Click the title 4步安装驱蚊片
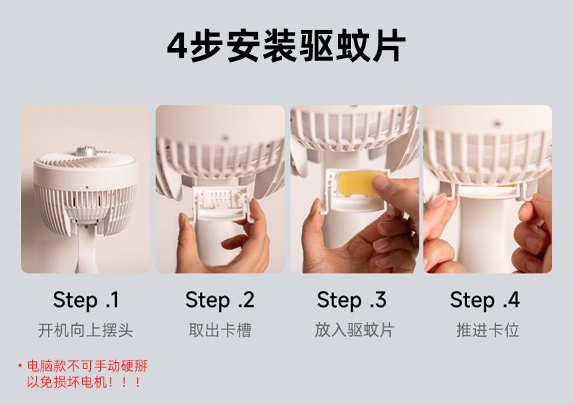pyautogui.click(x=286, y=46)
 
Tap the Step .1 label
pyautogui.click(x=86, y=300)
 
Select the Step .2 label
pyautogui.click(x=219, y=300)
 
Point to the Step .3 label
pyautogui.click(x=352, y=300)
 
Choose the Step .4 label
pyautogui.click(x=485, y=300)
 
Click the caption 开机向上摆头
pyautogui.click(x=85, y=330)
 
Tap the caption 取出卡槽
pyautogui.click(x=220, y=330)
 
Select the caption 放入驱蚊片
pyautogui.click(x=354, y=330)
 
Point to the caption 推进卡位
pyautogui.click(x=488, y=330)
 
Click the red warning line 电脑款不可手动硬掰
pyautogui.click(x=87, y=366)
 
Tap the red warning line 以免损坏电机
pyautogui.click(x=84, y=382)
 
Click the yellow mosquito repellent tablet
pyautogui.click(x=357, y=184)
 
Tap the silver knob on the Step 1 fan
pyautogui.click(x=85, y=150)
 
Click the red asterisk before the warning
pyautogui.click(x=20, y=365)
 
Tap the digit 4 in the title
pyautogui.click(x=177, y=47)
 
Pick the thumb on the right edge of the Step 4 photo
pyautogui.click(x=535, y=209)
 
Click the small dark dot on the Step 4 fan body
pyautogui.click(x=497, y=124)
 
